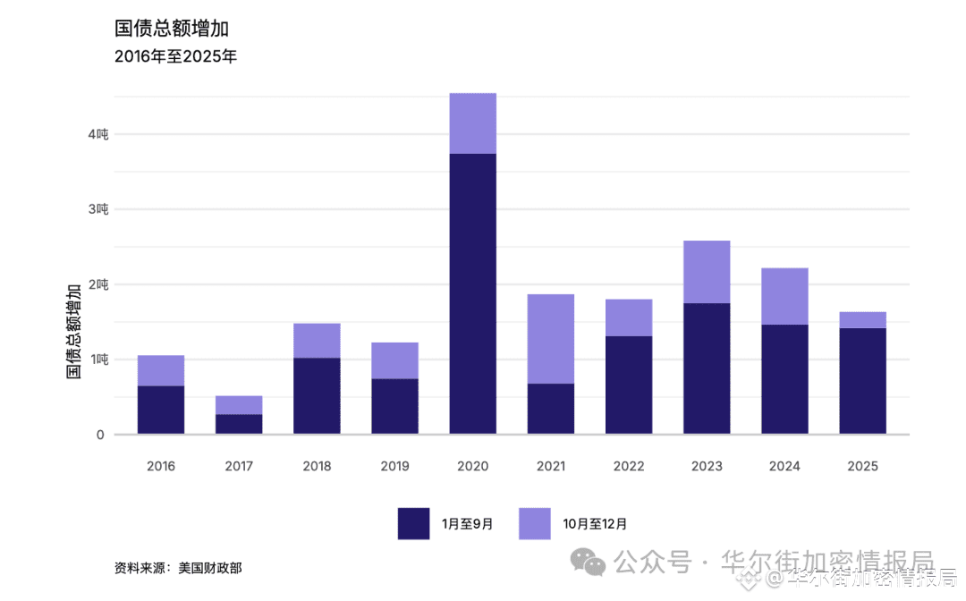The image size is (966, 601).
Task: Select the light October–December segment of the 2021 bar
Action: click(550, 338)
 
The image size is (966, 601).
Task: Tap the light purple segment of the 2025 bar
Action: click(862, 320)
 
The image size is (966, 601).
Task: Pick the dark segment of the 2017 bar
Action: click(239, 424)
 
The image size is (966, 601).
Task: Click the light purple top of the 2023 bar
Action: click(707, 272)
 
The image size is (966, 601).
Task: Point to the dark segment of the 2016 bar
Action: click(161, 410)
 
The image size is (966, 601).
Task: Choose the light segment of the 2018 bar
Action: click(317, 341)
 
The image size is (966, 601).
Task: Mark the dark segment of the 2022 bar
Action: click(628, 385)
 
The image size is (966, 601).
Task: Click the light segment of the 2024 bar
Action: click(784, 296)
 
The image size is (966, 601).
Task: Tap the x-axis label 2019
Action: click(394, 466)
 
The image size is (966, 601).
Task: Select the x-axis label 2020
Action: click(472, 466)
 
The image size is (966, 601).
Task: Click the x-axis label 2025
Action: click(862, 466)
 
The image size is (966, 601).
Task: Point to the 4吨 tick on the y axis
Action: click(97, 134)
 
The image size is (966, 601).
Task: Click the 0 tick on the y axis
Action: click(100, 435)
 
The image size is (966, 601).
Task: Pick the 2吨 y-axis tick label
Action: click(97, 284)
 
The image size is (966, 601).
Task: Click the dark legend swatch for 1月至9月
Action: click(413, 523)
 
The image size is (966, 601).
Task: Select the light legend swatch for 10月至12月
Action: click(534, 523)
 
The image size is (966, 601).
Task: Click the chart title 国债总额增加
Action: click(165, 29)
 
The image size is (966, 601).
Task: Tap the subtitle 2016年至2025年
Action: click(175, 57)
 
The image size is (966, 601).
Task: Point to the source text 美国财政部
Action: click(209, 567)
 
